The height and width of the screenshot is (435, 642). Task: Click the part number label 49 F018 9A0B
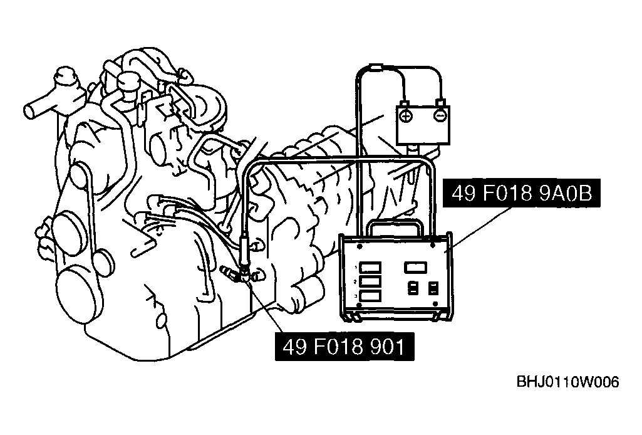522,193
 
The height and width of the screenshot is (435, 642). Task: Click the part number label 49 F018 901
344,347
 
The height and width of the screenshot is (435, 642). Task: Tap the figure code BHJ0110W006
567,382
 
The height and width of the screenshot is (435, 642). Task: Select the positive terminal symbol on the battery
406,116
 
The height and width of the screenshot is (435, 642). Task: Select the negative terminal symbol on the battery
440,116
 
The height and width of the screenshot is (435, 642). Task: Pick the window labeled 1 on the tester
371,268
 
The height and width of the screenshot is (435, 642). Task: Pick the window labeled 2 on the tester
371,282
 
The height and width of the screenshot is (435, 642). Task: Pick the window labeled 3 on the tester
371,296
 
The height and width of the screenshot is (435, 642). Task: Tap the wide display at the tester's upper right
416,268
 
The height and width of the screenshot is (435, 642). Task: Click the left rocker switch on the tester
413,288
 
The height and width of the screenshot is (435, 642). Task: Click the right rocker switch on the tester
433,288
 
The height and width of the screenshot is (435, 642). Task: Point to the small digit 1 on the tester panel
355,267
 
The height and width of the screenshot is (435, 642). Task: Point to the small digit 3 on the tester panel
355,296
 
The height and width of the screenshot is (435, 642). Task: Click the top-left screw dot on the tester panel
359,247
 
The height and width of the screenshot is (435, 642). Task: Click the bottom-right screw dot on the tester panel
436,304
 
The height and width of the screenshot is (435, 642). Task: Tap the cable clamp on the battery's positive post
405,103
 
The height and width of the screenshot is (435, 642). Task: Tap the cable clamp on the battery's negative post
440,102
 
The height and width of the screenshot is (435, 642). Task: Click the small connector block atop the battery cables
376,66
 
